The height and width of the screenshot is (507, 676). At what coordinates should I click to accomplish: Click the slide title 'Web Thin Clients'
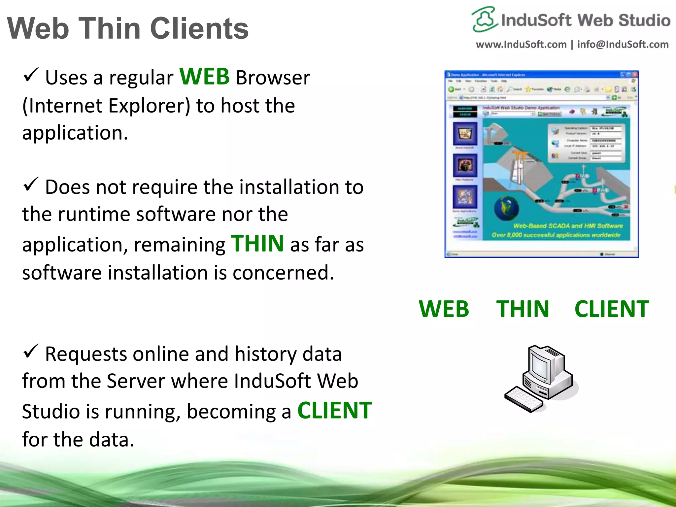(128, 29)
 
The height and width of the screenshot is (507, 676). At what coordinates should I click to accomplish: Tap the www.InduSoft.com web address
(521, 44)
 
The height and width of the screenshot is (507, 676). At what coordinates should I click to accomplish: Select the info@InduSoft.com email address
(623, 44)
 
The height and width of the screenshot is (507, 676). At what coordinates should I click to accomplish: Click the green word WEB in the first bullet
(204, 77)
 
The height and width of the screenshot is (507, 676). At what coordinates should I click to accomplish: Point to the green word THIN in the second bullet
(257, 244)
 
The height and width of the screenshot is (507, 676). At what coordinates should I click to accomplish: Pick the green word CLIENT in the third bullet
(334, 411)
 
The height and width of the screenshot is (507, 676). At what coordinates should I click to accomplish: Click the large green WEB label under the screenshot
(444, 309)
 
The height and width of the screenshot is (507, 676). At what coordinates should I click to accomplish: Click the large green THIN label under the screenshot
(523, 309)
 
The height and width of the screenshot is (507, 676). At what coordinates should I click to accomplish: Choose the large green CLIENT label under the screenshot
(612, 309)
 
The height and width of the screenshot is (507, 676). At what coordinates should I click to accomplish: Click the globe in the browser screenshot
(506, 208)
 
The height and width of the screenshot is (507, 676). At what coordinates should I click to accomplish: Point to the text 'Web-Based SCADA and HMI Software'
(568, 226)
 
